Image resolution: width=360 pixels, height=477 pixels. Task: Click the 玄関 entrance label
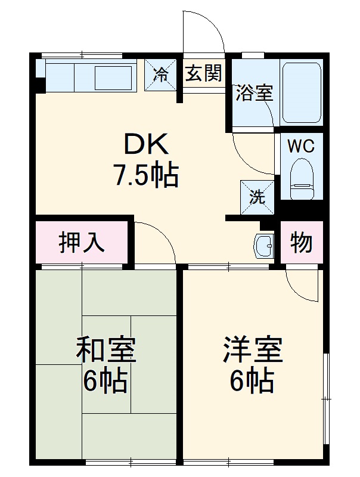[203, 73]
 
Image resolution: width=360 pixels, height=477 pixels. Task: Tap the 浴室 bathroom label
[255, 93]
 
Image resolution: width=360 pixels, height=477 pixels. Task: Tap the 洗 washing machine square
[257, 197]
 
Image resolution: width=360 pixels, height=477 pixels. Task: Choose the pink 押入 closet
[82, 242]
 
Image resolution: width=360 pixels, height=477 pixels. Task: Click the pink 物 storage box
[302, 242]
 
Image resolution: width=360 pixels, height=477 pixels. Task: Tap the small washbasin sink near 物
[263, 244]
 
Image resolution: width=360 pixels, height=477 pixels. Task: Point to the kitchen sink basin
[113, 78]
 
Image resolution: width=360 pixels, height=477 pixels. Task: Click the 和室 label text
[106, 350]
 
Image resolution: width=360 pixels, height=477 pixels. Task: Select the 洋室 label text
[252, 350]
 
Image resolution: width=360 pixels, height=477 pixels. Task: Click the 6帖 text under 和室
[105, 382]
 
